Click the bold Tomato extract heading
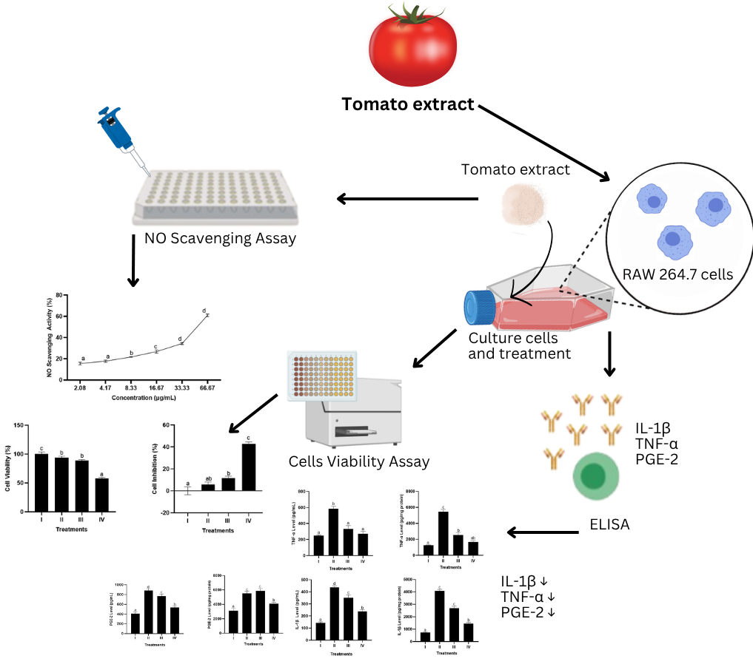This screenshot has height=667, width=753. click(408, 104)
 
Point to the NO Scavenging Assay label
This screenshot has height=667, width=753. click(220, 238)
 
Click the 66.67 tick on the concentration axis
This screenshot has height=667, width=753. click(207, 387)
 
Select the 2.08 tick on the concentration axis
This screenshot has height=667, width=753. click(79, 387)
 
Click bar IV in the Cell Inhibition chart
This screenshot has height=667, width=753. click(248, 467)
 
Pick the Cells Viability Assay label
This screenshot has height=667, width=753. click(359, 461)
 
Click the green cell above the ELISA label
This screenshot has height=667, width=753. click(595, 475)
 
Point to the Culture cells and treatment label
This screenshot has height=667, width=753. click(520, 345)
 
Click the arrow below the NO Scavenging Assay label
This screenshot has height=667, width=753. click(133, 267)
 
